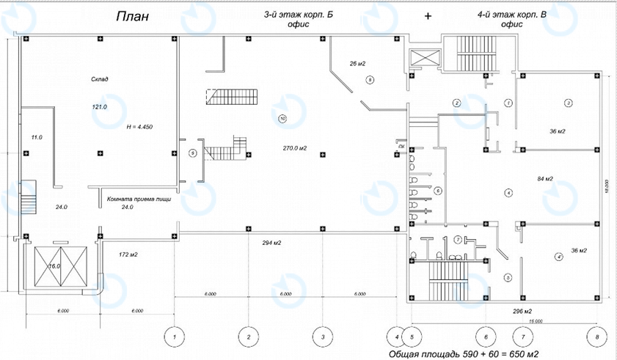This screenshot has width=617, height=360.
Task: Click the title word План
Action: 132,17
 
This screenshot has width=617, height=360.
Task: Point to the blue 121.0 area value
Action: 99,107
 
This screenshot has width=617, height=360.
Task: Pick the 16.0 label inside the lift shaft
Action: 53,267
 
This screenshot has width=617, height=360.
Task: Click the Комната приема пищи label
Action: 139,198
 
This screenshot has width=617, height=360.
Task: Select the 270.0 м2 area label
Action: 294,149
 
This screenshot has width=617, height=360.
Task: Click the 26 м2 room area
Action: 357,65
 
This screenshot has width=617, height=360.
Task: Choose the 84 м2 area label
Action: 544,179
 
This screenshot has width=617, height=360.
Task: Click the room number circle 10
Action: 282,118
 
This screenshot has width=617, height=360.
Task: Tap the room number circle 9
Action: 192,153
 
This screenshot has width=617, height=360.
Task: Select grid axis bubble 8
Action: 598,337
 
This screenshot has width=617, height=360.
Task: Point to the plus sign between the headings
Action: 428,15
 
